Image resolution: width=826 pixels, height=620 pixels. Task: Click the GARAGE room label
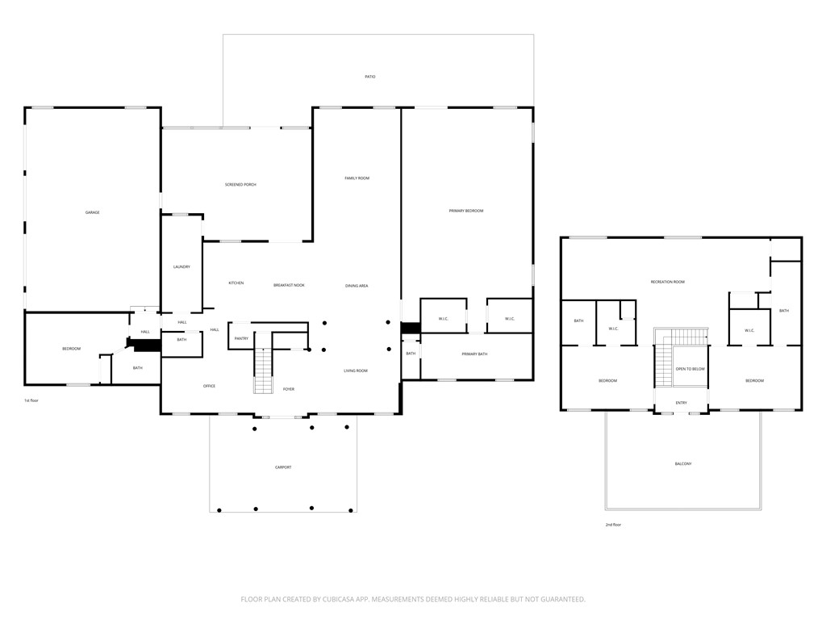coord(93,212)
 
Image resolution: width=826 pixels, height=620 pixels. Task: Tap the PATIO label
coord(370,77)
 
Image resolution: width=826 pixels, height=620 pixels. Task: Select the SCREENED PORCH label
coord(240,185)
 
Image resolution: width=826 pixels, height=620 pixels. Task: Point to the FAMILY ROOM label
coord(357,178)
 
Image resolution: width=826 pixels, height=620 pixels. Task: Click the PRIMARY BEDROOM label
coord(466,211)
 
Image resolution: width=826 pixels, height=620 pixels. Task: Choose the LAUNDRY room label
coord(181,266)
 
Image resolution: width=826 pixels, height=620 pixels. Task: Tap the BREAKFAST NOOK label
coord(289,285)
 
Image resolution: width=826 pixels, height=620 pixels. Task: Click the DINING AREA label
coord(357,286)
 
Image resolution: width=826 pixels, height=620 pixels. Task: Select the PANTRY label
coord(241,338)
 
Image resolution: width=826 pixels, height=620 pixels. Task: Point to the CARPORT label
coord(282,467)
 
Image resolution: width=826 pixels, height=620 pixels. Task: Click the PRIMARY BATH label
coord(474,354)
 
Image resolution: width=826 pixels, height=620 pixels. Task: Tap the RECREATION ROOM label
coord(668,282)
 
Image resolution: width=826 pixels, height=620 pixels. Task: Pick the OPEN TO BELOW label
coord(690,369)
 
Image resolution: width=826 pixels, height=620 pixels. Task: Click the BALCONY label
coord(683,463)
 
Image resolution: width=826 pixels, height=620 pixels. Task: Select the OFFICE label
coord(209,386)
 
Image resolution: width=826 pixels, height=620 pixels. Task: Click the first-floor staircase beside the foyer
coord(264,371)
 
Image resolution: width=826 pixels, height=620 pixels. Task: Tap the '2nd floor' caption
coord(613,525)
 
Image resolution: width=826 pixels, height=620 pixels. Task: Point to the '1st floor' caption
coord(31,400)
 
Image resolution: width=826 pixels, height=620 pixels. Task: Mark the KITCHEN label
coord(236,283)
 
